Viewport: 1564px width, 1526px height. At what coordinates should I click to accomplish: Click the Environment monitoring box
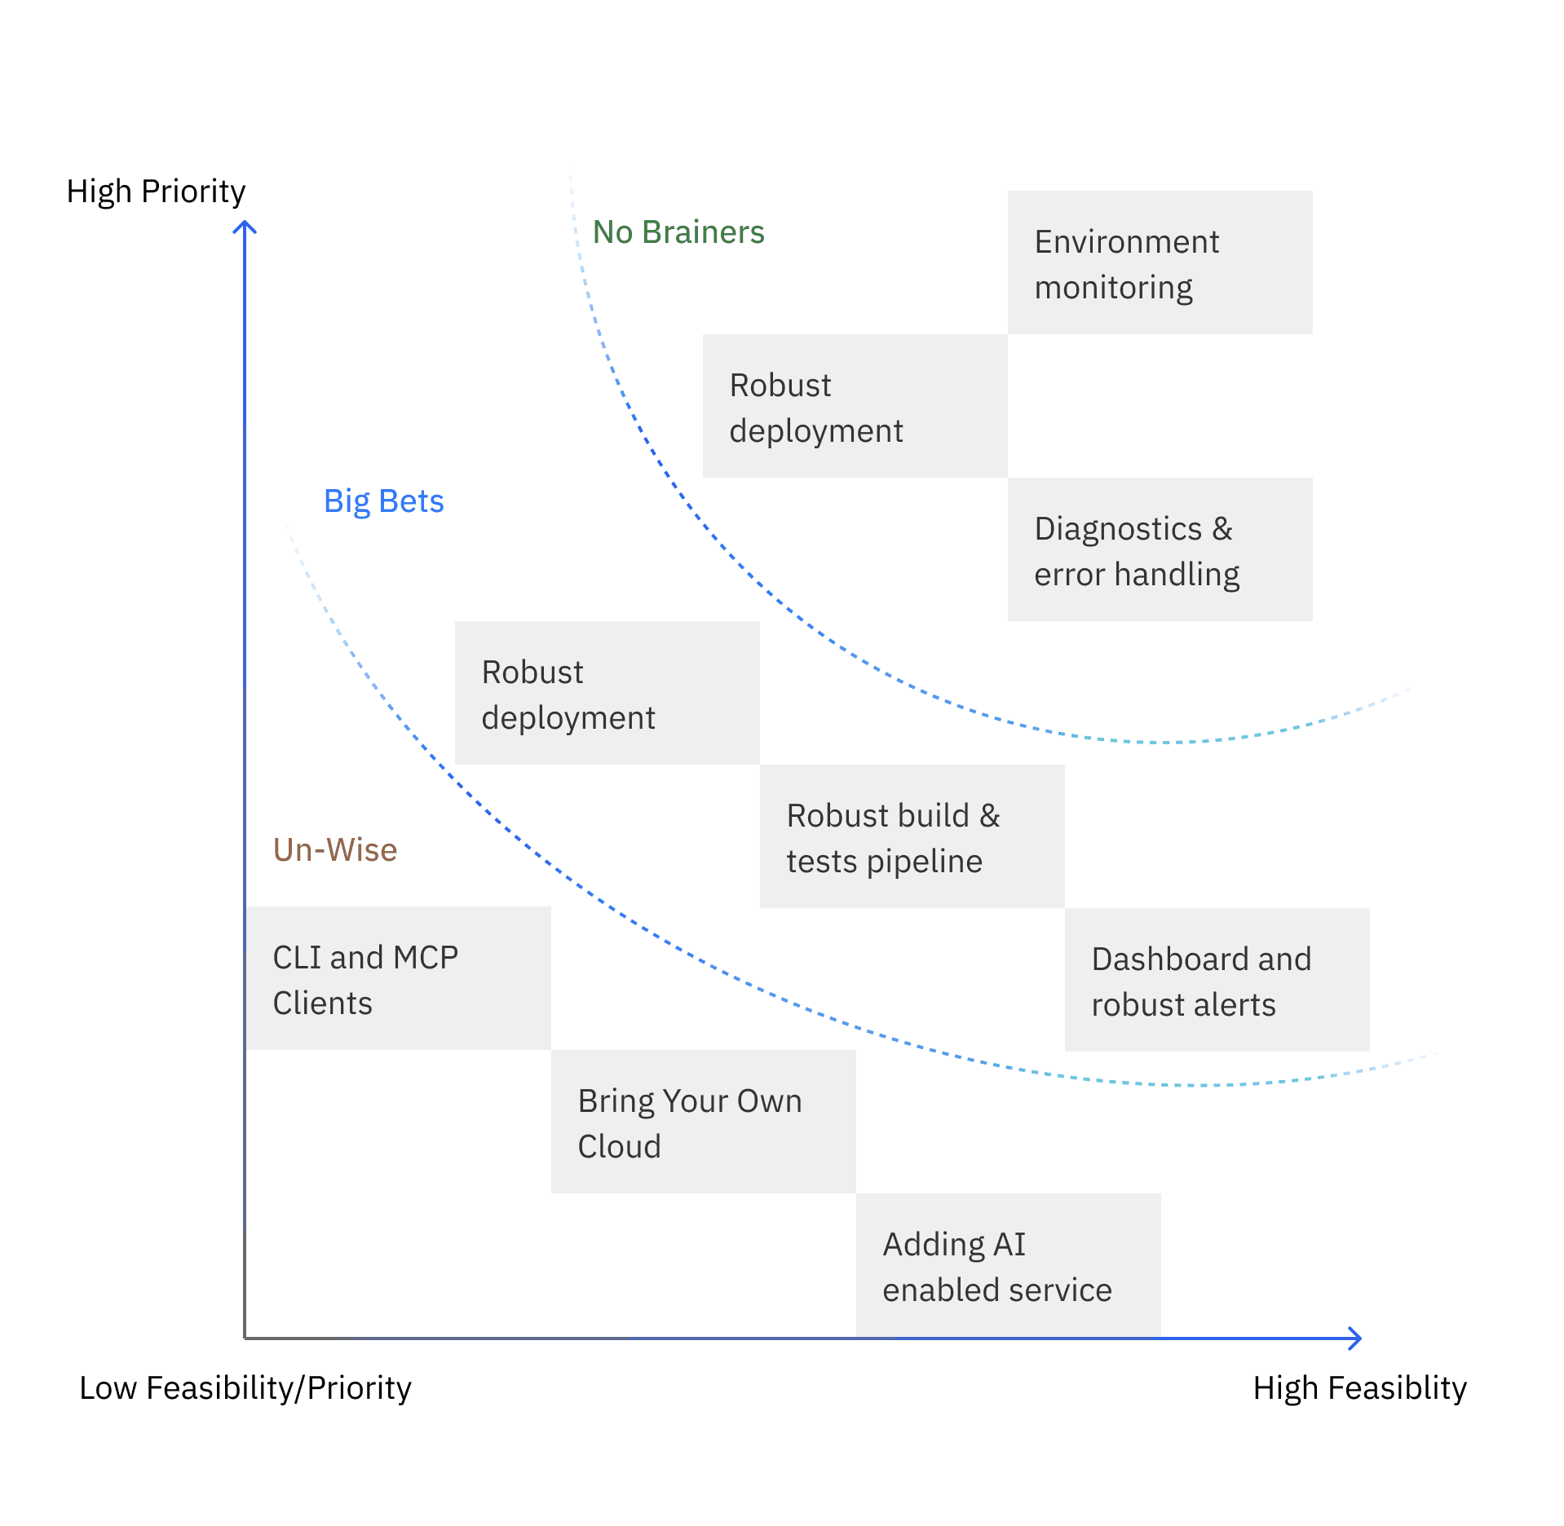click(1160, 262)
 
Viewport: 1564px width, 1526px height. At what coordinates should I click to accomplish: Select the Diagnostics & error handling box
click(1160, 549)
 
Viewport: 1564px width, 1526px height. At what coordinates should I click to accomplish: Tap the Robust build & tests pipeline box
click(912, 836)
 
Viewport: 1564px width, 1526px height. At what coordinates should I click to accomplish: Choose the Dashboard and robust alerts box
click(1217, 980)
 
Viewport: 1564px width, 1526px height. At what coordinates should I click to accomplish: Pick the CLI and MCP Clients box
click(398, 978)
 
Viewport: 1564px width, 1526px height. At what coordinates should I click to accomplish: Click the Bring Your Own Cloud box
click(703, 1122)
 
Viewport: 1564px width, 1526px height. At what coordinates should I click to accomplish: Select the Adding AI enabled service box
click(1008, 1265)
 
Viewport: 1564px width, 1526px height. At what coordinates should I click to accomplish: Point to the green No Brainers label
click(678, 232)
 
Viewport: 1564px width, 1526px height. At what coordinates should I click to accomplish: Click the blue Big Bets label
click(383, 501)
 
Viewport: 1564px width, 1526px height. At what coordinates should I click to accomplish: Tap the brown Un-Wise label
click(334, 850)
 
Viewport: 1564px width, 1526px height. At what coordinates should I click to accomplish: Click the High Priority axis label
click(156, 192)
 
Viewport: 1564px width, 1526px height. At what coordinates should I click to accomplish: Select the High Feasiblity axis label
click(1359, 1388)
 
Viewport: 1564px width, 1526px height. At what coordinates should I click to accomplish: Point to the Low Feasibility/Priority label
click(245, 1388)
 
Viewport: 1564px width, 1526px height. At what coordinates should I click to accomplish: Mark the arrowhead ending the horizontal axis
click(1357, 1338)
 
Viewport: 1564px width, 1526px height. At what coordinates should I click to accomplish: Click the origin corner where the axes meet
click(245, 1338)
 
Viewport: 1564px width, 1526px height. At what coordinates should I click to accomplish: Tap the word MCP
click(425, 958)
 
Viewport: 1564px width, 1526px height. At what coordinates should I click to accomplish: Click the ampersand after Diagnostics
click(1222, 529)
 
